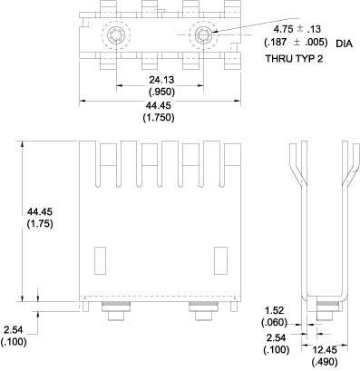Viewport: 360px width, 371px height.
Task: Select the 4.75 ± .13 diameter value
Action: click(292, 27)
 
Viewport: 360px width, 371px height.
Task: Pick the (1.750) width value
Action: click(160, 119)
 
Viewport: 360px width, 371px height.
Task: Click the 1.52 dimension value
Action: click(275, 310)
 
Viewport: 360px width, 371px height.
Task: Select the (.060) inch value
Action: click(275, 322)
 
